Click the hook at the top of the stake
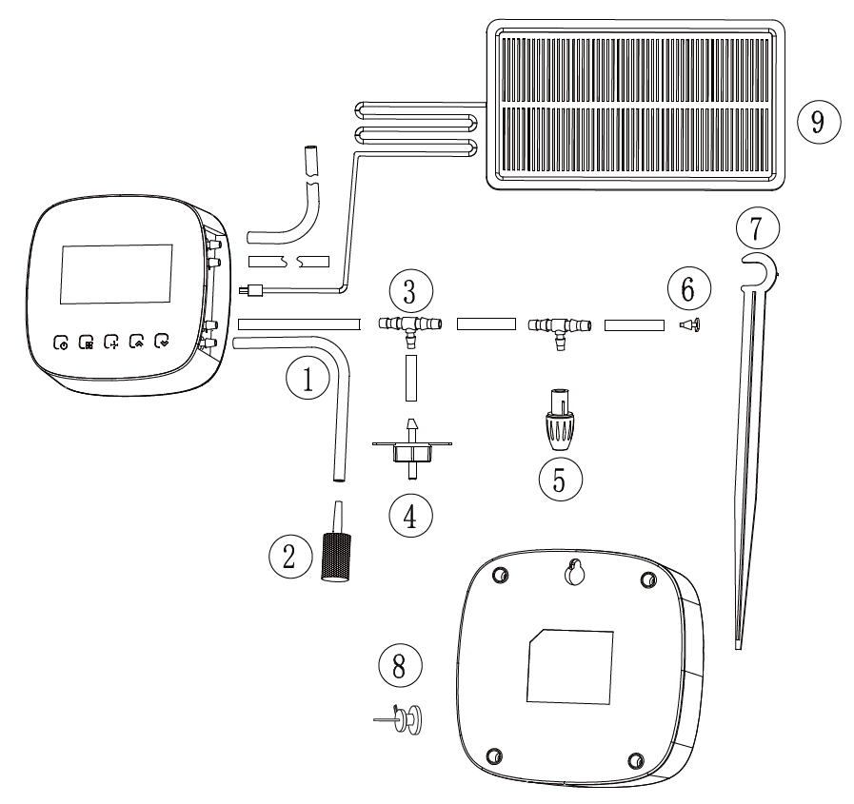[758, 270]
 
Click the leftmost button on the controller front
[62, 340]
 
